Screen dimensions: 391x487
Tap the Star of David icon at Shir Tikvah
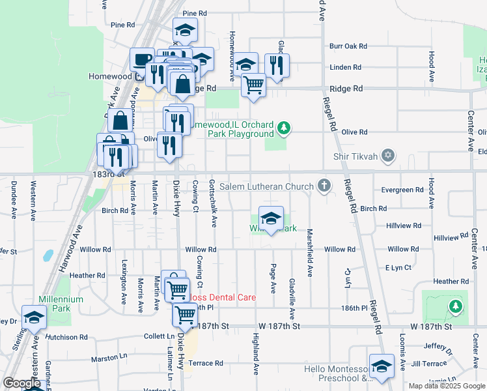(x=388, y=156)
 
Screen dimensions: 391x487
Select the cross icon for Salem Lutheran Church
(x=324, y=187)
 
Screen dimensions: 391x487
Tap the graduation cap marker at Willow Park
(x=271, y=218)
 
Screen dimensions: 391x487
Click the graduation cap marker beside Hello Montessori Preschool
(x=382, y=366)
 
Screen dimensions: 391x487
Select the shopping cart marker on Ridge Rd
(x=253, y=84)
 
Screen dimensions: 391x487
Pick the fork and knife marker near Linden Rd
(x=277, y=65)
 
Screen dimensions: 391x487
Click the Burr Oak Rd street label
(x=348, y=46)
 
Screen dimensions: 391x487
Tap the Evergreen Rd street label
(x=402, y=190)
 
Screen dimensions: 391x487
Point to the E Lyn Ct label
(x=398, y=268)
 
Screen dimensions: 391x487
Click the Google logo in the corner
(x=21, y=383)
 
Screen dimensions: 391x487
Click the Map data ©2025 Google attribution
(x=447, y=386)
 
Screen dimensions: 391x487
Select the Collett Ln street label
(x=160, y=336)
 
